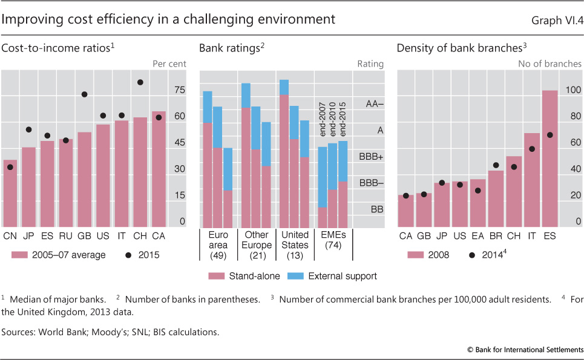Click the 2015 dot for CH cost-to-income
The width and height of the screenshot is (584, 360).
140,82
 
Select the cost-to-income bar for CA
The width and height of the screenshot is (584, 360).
159,169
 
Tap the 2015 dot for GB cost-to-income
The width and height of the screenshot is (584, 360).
85,94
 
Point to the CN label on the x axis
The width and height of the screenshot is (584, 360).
10,235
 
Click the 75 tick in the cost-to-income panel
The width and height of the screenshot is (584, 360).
179,90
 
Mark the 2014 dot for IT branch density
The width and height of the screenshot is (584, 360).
532,149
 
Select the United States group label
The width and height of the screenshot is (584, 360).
296,240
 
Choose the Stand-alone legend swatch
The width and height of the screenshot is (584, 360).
216,276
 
